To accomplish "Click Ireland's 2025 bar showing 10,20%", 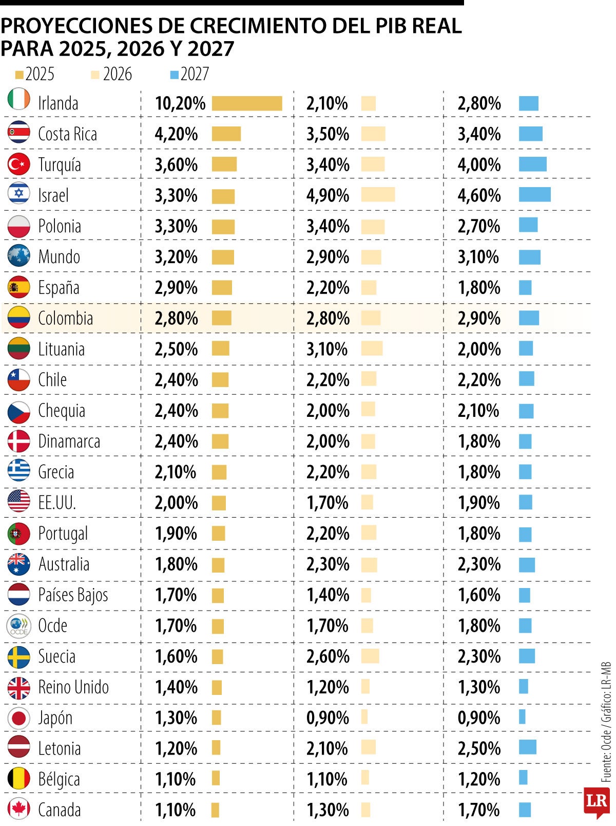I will (x=247, y=103).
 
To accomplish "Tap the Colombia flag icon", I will (x=19, y=318).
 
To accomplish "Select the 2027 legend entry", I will (x=189, y=75).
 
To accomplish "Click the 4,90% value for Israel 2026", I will (x=328, y=196).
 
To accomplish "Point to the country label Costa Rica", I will (x=67, y=134).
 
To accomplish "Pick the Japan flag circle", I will (x=19, y=718).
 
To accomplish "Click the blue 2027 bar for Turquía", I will (x=532, y=164).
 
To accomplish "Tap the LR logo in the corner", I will (x=596, y=801).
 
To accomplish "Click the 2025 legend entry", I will (x=35, y=75).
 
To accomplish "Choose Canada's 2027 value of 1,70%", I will (x=478, y=810).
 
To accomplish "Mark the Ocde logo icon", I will (x=19, y=626).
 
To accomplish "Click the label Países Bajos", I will (x=73, y=595).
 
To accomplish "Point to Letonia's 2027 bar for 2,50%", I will (x=527, y=747).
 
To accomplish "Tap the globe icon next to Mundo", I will (x=19, y=256).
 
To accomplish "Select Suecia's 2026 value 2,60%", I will (x=328, y=656).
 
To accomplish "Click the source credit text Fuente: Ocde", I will (x=606, y=756).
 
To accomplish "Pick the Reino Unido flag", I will (x=19, y=687).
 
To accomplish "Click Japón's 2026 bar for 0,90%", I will (x=364, y=717).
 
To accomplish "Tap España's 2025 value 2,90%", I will (x=176, y=288).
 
